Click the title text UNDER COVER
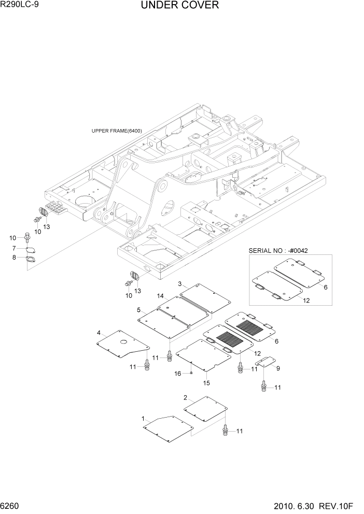pyautogui.click(x=179, y=6)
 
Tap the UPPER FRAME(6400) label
pyautogui.click(x=117, y=131)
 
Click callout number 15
pyautogui.click(x=206, y=383)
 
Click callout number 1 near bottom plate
pyautogui.click(x=143, y=418)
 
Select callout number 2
pyautogui.click(x=185, y=397)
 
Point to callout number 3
pyautogui.click(x=179, y=284)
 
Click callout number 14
pyautogui.click(x=161, y=296)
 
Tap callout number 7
pyautogui.click(x=14, y=248)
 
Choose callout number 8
pyautogui.click(x=14, y=257)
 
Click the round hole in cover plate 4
pyautogui.click(x=125, y=343)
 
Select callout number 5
pyautogui.click(x=139, y=310)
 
